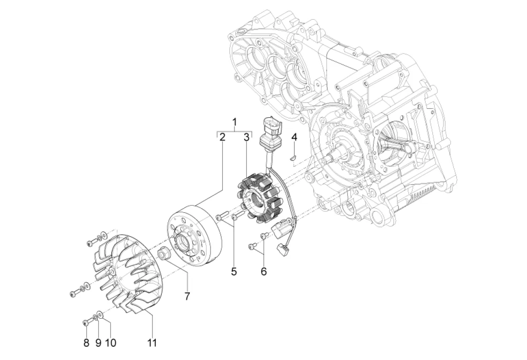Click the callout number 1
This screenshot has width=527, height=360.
coord(235,122)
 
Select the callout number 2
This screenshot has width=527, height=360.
coord(222,137)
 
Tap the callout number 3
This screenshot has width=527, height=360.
coord(246,137)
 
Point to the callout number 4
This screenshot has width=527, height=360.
coord(294,137)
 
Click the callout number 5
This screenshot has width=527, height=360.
coord(234,271)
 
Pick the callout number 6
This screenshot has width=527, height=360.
coord(264,271)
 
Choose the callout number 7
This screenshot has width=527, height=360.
coord(187,296)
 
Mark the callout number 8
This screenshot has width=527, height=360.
coord(86,343)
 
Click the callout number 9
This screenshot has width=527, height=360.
coord(98,343)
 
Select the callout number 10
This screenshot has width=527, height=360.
coord(111,343)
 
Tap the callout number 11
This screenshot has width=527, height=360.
coord(152,343)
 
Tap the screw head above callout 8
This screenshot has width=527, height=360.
coord(85,323)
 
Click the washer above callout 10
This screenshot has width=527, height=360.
coord(100,315)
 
